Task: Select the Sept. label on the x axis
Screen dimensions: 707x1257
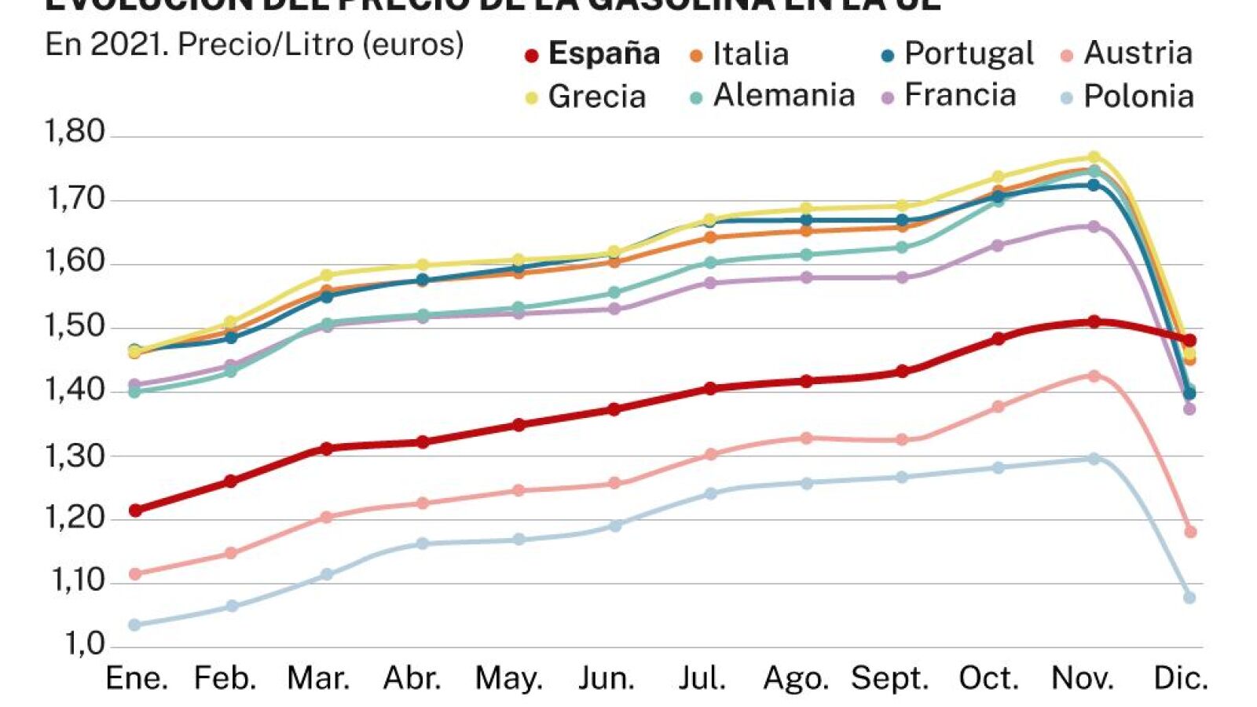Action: click(889, 678)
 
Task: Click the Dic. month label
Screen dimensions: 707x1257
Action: click(1180, 678)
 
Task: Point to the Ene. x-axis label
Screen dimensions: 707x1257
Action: click(137, 678)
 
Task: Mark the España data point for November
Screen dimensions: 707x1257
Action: click(1094, 322)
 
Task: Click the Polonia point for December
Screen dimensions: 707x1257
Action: click(1189, 598)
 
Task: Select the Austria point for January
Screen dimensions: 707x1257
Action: click(135, 574)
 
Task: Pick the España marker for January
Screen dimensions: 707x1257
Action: click(135, 511)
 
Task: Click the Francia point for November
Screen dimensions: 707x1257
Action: click(1094, 226)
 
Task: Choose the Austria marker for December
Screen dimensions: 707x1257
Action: click(1190, 532)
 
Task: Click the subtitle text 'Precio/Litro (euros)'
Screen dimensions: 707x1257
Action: click(321, 45)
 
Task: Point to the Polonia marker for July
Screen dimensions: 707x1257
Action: click(711, 493)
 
